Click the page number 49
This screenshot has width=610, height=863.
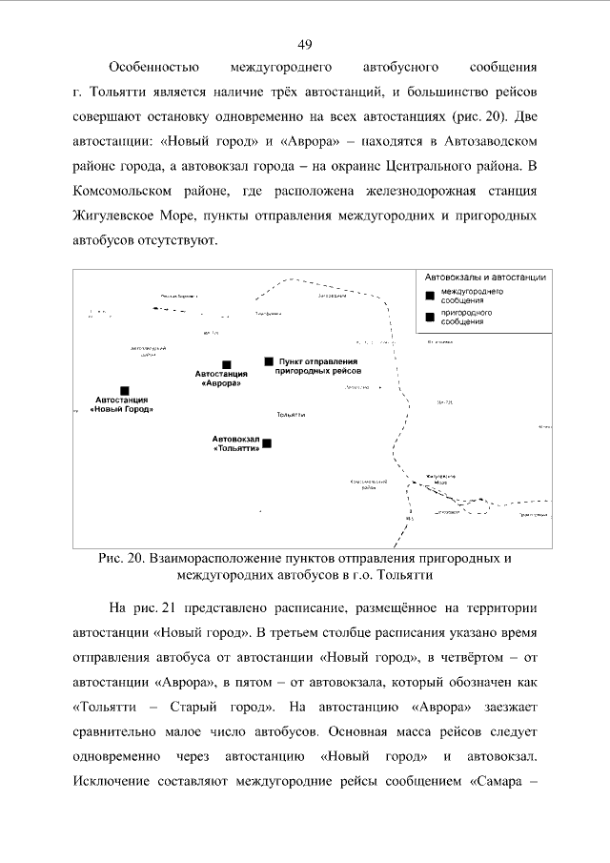[305, 44]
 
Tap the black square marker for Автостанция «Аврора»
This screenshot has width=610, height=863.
[227, 364]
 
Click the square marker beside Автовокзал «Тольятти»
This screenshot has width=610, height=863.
[267, 442]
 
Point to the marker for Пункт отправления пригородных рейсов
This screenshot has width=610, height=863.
[270, 361]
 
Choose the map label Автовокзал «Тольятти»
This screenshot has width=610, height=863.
[236, 443]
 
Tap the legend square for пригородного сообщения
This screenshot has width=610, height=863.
[431, 317]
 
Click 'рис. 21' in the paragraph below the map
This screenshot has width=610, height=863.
[157, 607]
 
